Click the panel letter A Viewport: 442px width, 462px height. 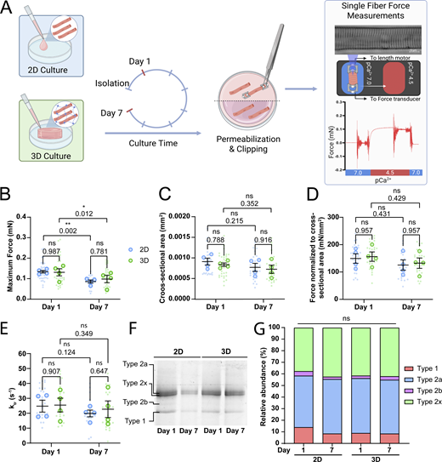8,9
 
